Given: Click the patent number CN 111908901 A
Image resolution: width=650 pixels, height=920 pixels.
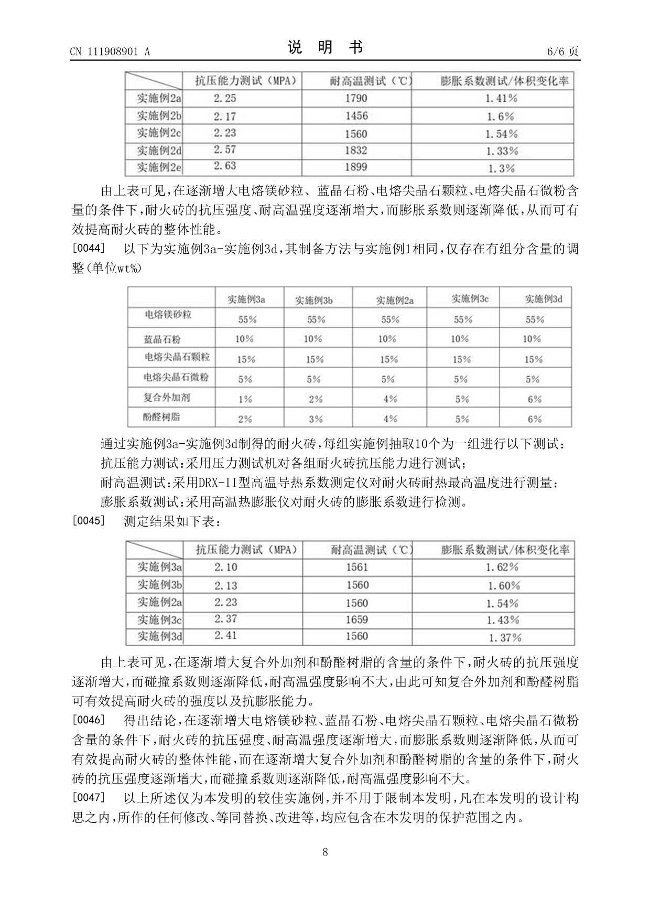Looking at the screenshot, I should tap(110, 51).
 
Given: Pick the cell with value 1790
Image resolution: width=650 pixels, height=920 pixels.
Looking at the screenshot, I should tap(356, 98).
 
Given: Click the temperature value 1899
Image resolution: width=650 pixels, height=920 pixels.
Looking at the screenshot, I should tap(356, 167).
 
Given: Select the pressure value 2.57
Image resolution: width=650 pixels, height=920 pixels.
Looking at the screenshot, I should tap(225, 150).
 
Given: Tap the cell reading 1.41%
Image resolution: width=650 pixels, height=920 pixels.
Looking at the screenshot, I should tap(501, 98).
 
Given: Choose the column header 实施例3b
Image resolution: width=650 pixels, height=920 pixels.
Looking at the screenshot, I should tap(313, 300).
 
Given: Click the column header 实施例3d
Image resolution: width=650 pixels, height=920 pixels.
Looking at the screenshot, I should tap(544, 299).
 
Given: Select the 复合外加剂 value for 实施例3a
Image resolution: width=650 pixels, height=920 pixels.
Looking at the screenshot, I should tap(245, 399).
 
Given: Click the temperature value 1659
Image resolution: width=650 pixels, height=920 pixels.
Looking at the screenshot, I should tap(356, 620).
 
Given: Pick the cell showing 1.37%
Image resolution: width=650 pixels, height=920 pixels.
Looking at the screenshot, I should tap(505, 638).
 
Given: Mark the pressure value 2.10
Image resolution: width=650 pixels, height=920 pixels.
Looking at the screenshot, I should tap(225, 567).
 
